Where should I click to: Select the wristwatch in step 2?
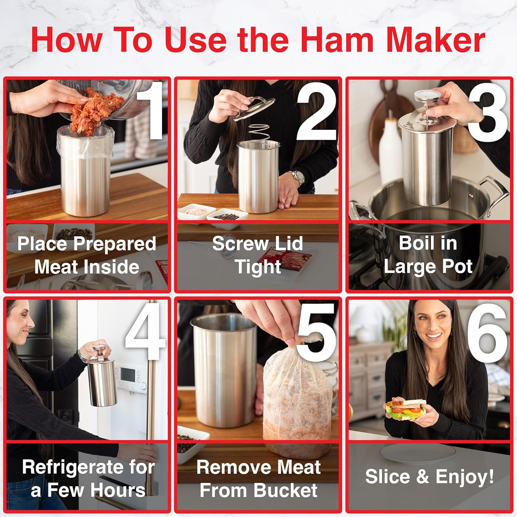pos(297,177)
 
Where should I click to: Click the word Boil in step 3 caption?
pos(412,243)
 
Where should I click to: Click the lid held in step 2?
pos(254,109)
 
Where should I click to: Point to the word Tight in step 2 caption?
pos(258,267)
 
